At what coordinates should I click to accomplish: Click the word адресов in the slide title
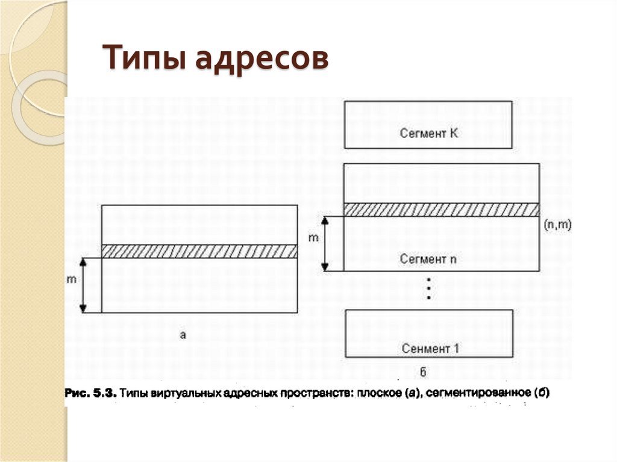point(262,60)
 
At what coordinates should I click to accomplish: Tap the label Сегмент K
point(428,133)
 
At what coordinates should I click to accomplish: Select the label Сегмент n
point(428,259)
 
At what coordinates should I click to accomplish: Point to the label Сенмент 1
point(429,348)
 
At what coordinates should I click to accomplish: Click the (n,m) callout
point(557,224)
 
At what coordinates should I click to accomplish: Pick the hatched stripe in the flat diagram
point(199,251)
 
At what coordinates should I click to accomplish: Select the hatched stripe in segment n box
point(441,209)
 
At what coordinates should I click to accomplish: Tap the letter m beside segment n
point(313,237)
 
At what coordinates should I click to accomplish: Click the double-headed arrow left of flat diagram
point(84,285)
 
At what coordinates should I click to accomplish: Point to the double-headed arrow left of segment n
point(325,243)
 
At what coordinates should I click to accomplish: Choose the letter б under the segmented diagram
point(429,369)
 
